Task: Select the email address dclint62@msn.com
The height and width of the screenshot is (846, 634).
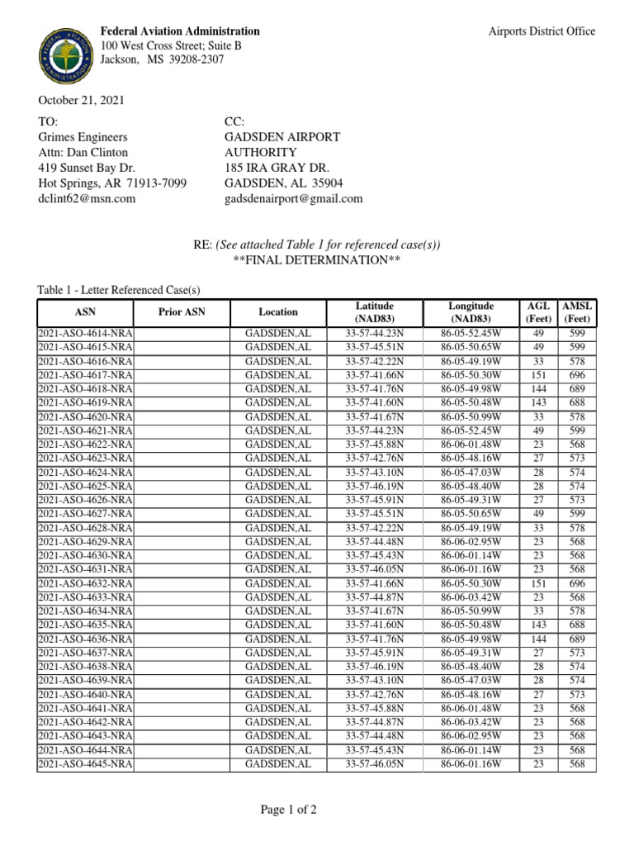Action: pos(87,198)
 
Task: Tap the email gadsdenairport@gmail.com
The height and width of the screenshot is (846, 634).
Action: pos(293,198)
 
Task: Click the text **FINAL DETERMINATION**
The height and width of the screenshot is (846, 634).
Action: pos(317,260)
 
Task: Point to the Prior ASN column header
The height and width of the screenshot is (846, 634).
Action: pos(182,312)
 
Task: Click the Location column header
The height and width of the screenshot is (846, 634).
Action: pos(278,312)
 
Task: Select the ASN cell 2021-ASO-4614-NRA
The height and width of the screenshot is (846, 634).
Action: pos(85,333)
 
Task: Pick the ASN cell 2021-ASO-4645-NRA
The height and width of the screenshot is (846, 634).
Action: pos(85,765)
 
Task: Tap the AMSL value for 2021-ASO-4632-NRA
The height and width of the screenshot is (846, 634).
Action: pos(577,583)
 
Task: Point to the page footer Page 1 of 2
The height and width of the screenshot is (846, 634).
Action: pos(288,810)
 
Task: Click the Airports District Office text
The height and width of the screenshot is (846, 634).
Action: pos(542,31)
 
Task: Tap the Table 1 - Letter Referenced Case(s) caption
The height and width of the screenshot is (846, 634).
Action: pos(119,290)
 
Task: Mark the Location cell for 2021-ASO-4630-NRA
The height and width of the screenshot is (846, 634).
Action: pos(278,555)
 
